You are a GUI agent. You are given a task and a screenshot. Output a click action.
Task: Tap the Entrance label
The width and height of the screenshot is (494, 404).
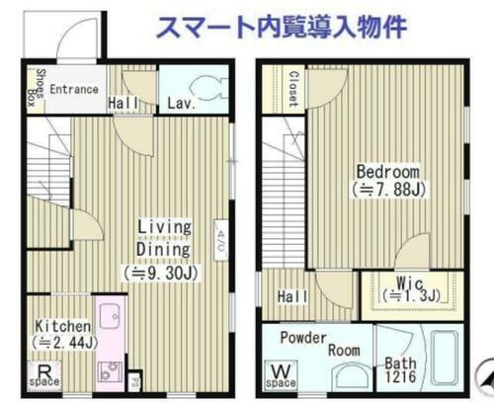tap(73, 89)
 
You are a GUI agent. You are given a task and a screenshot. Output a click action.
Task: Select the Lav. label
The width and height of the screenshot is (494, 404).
tap(179, 102)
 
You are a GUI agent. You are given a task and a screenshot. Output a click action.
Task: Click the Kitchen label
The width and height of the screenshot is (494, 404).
tap(62, 326)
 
